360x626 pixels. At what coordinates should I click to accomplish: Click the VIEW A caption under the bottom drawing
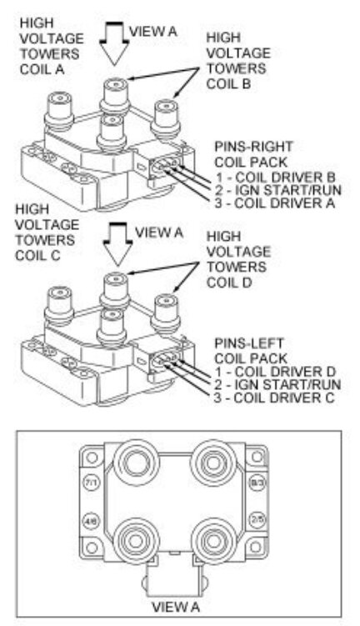coord(173,606)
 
